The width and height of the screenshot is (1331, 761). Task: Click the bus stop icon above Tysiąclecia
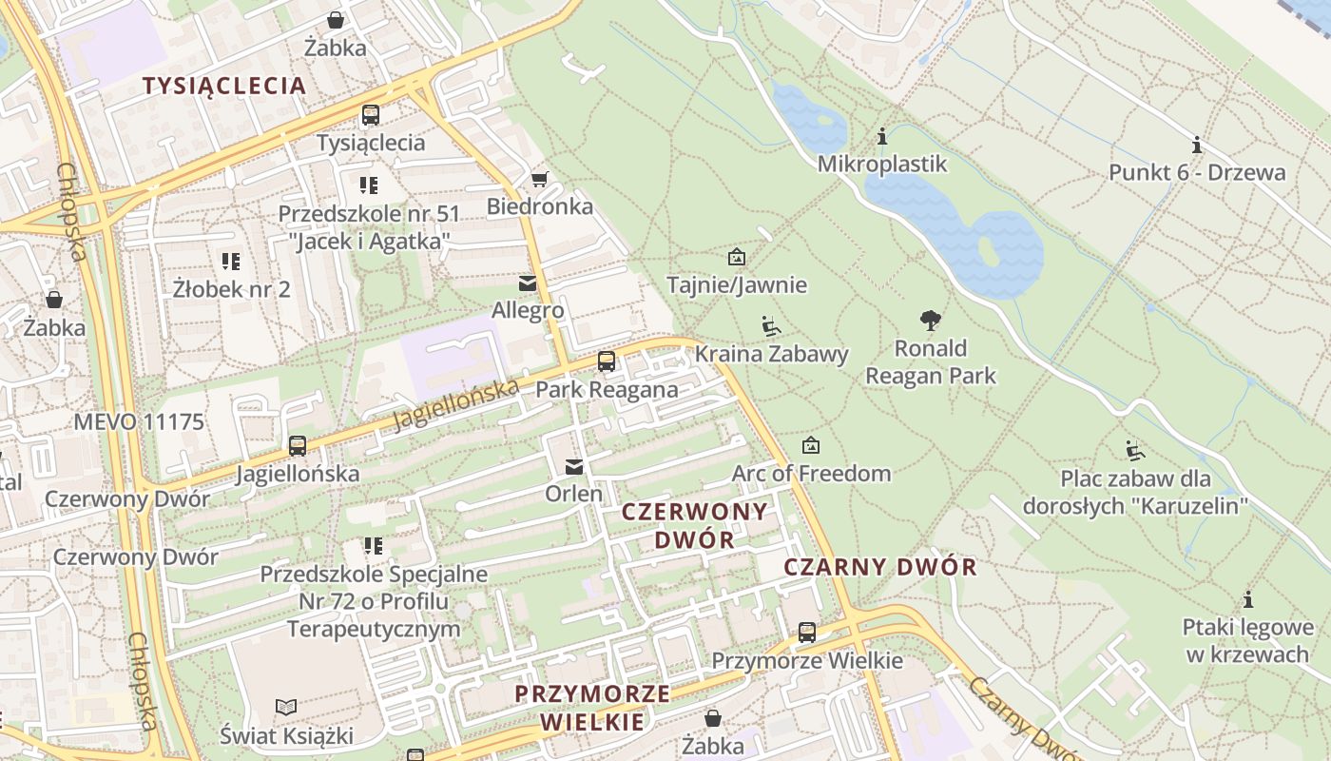point(370,115)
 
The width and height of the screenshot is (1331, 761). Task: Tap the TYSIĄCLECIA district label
point(224,86)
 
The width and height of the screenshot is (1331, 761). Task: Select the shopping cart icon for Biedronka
point(539,179)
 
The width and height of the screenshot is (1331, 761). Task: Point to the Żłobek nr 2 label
point(232,288)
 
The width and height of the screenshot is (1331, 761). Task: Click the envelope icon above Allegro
point(527,283)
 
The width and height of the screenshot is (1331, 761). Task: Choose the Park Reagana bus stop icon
point(606,361)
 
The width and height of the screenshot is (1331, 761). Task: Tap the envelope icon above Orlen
point(573,466)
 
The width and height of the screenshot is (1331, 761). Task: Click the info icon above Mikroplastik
point(882,137)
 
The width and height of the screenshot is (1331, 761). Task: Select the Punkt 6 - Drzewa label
point(1197,172)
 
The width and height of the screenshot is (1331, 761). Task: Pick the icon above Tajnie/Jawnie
point(736,257)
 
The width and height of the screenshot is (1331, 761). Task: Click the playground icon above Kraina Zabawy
point(771,326)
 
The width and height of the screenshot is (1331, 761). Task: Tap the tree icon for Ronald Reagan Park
point(930,321)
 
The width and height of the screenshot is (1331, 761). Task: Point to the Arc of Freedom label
point(811,473)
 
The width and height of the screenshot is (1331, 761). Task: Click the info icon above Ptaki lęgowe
point(1248,600)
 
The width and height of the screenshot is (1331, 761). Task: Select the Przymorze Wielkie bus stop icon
point(806,633)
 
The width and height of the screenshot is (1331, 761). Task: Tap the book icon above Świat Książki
point(286,707)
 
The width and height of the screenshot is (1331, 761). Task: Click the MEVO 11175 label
point(139,421)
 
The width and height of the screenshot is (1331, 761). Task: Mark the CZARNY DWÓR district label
point(879,568)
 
